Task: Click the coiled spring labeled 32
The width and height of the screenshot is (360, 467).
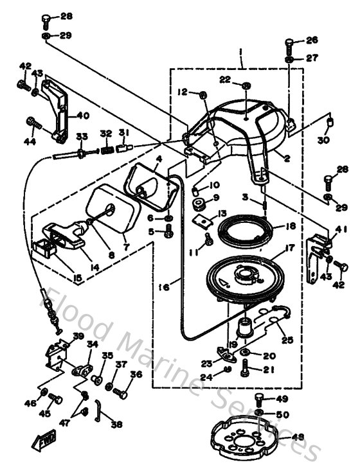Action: [107, 150]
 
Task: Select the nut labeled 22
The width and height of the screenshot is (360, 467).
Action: [247, 85]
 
